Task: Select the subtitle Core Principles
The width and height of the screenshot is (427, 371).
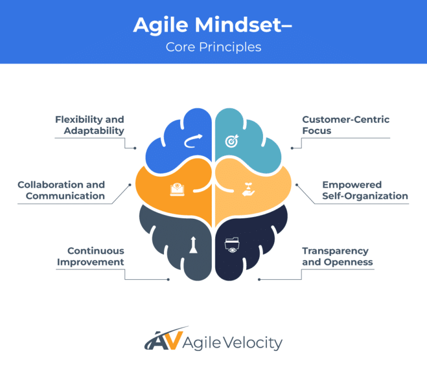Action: [x=213, y=47]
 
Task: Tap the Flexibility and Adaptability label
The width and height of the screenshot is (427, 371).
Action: [x=90, y=125]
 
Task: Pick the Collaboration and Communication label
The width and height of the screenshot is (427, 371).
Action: [x=61, y=190]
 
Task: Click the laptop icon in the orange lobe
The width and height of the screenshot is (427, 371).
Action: [x=177, y=189]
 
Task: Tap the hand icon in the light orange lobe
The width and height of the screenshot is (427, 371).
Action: [x=247, y=189]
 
